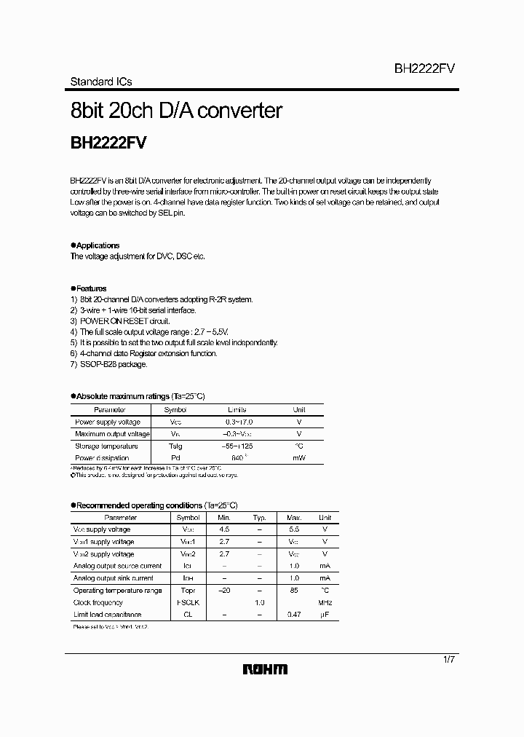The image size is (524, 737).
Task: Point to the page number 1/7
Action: (449, 659)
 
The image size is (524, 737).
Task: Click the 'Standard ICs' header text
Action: (100, 82)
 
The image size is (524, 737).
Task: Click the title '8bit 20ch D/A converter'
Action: (175, 111)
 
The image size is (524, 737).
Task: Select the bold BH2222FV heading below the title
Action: (108, 143)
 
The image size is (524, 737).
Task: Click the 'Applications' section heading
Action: (98, 246)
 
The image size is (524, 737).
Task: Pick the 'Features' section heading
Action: (91, 288)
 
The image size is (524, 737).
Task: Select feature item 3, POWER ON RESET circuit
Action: (120, 320)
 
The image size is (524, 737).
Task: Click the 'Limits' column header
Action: (237, 410)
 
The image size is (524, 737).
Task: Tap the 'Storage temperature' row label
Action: (106, 446)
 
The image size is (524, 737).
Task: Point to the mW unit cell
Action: (298, 457)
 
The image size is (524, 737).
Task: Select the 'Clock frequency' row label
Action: (98, 602)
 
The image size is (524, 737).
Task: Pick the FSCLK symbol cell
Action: (188, 602)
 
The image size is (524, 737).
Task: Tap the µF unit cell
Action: (325, 615)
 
